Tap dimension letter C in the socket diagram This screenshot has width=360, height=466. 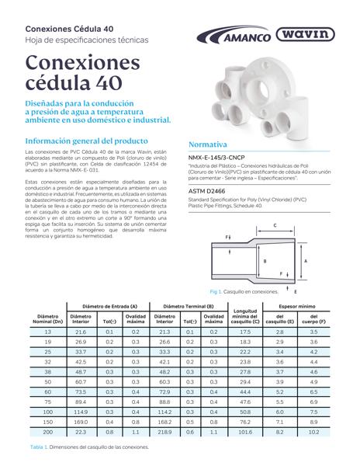coord(275,226)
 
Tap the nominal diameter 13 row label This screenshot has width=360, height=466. coord(48,332)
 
